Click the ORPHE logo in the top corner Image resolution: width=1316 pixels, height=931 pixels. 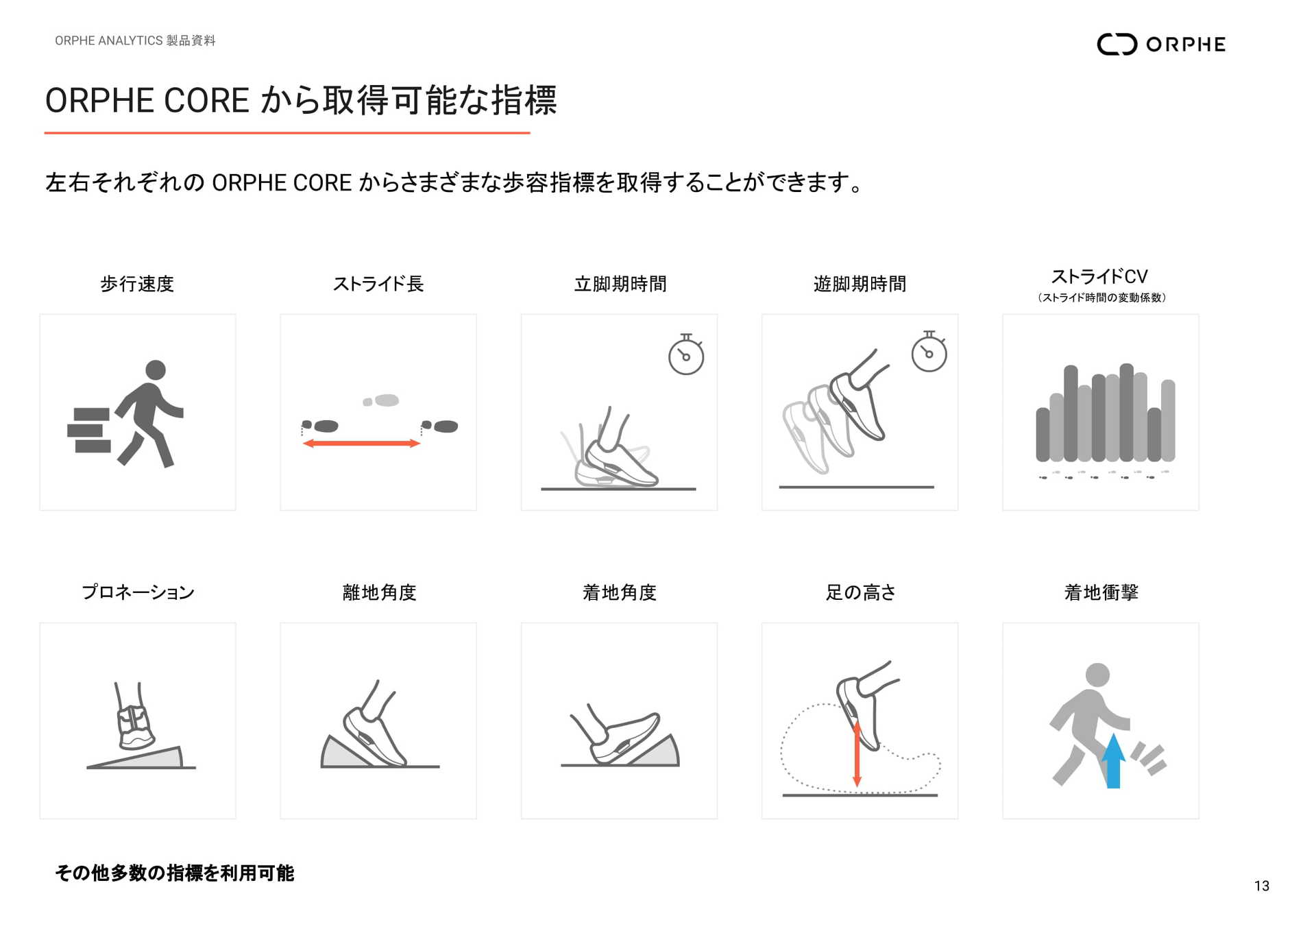pyautogui.click(x=1160, y=44)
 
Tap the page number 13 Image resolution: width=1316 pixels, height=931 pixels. pyautogui.click(x=1261, y=886)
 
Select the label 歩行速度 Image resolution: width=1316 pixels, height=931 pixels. pyautogui.click(x=137, y=284)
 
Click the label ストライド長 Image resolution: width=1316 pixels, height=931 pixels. pyautogui.click(x=378, y=284)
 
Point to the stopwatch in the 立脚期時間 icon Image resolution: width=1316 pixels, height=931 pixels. pyautogui.click(x=686, y=355)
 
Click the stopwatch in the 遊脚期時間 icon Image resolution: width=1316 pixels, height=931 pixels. pyautogui.click(x=929, y=352)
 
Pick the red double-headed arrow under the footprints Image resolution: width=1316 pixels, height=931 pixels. pyautogui.click(x=361, y=444)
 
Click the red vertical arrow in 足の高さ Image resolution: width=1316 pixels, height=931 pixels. pyautogui.click(x=857, y=754)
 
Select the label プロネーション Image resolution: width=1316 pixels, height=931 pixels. pyautogui.click(x=138, y=592)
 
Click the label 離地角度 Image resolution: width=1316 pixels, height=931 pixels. pyautogui.click(x=379, y=592)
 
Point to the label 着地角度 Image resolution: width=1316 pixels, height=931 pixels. pyautogui.click(x=620, y=592)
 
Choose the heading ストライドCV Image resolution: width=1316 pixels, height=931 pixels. pyautogui.click(x=1099, y=276)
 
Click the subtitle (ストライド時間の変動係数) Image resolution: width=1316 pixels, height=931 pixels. pyautogui.click(x=1101, y=298)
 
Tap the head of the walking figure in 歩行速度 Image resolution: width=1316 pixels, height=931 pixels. pyautogui.click(x=156, y=370)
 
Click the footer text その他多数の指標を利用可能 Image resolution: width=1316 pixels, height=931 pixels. pyautogui.click(x=175, y=873)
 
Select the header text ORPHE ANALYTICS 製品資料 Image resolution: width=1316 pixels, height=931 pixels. pyautogui.click(x=135, y=40)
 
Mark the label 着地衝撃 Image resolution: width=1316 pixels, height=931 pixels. pyautogui.click(x=1101, y=592)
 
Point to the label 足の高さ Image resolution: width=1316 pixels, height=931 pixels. pyautogui.click(x=860, y=592)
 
